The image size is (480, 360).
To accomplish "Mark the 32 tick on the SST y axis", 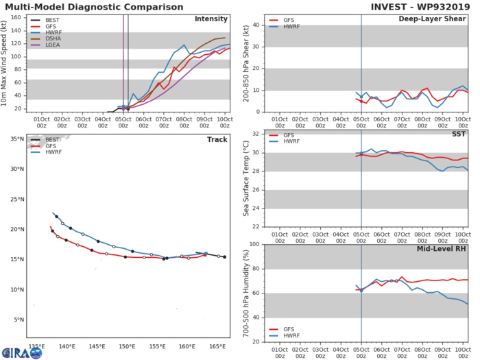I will pyautogui.click(x=256, y=133).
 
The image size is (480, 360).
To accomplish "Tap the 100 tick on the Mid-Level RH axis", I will pyautogui.click(x=254, y=244).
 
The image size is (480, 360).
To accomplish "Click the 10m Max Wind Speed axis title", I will pyautogui.click(x=5, y=62).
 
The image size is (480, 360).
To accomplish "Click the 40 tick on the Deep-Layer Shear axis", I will pyautogui.click(x=256, y=25).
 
